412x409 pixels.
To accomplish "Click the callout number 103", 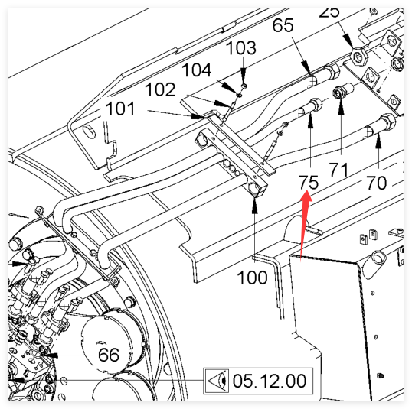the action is click(240, 47).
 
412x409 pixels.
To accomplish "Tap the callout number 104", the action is click(197, 70).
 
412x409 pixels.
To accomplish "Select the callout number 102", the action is click(160, 89).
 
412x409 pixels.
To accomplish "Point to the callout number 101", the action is click(120, 109).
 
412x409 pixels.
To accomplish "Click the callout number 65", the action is click(283, 25).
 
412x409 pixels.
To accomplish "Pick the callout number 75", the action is click(309, 183).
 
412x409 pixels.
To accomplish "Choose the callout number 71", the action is click(338, 170).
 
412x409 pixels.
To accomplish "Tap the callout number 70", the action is click(377, 183).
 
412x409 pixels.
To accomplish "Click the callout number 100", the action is click(252, 278).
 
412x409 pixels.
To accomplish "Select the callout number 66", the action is click(109, 355).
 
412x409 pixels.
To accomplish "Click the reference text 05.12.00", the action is click(270, 381).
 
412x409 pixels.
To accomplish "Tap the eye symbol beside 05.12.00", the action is click(217, 381).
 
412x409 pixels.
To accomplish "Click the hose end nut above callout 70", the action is click(387, 121).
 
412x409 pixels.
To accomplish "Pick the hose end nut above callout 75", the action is click(316, 105).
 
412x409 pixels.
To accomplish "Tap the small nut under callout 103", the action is click(244, 86).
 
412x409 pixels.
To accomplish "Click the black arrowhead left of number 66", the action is click(51, 355).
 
